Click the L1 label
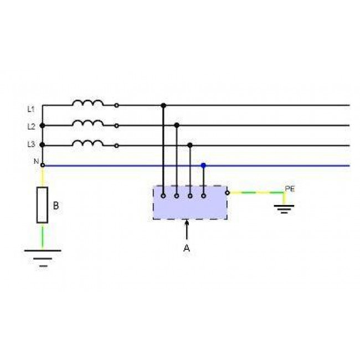click(31, 109)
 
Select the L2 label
click(31, 126)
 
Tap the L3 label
click(31, 145)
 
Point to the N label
click(36, 161)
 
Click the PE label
click(290, 189)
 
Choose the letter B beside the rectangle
click(56, 205)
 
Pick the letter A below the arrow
click(187, 248)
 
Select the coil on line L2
click(88, 123)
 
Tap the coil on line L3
click(88, 143)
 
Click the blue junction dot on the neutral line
click(203, 165)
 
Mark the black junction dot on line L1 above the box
click(163, 106)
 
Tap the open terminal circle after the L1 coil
click(117, 106)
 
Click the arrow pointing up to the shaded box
click(187, 230)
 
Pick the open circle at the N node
click(42, 165)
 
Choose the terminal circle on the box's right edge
click(227, 193)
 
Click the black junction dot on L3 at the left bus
click(42, 145)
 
